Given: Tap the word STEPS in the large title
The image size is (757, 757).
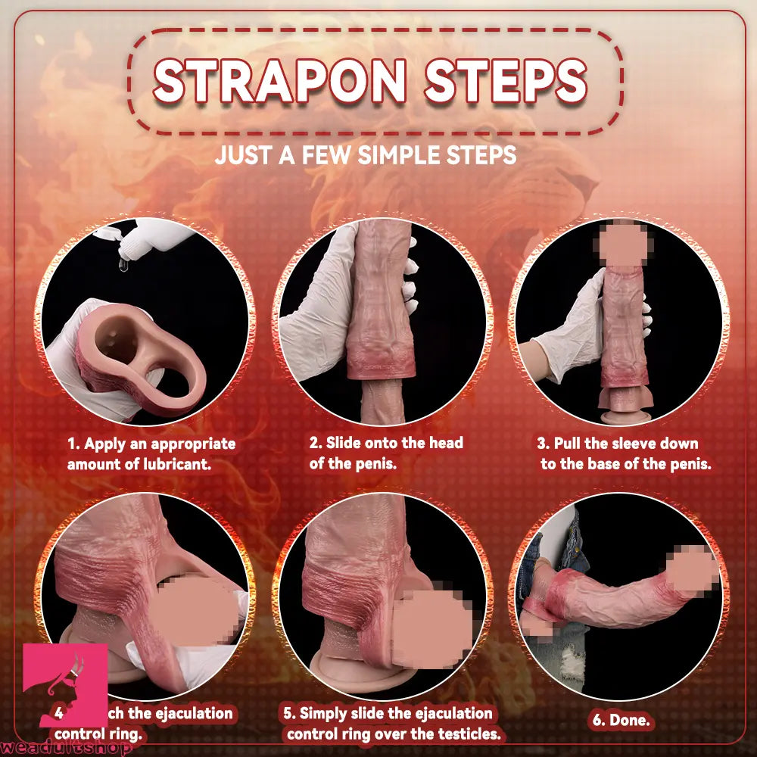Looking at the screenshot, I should tap(505, 80).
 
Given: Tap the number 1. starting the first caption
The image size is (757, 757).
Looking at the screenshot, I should tap(73, 444).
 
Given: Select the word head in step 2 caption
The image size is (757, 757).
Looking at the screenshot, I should tap(446, 442).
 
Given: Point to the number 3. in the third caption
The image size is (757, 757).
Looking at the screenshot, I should tap(543, 444).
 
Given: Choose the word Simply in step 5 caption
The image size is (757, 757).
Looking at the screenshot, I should tap(328, 713).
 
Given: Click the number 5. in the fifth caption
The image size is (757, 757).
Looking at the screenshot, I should tap(289, 713).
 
